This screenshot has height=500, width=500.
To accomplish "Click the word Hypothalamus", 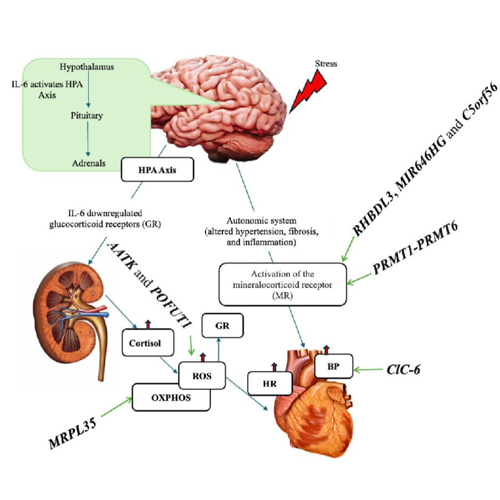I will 87,67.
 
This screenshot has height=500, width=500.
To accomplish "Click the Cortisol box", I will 148,342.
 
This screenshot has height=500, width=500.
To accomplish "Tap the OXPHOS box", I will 171,398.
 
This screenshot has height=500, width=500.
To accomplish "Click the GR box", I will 222,326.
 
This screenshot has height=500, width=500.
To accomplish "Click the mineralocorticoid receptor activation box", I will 282,285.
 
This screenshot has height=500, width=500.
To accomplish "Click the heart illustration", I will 313,414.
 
